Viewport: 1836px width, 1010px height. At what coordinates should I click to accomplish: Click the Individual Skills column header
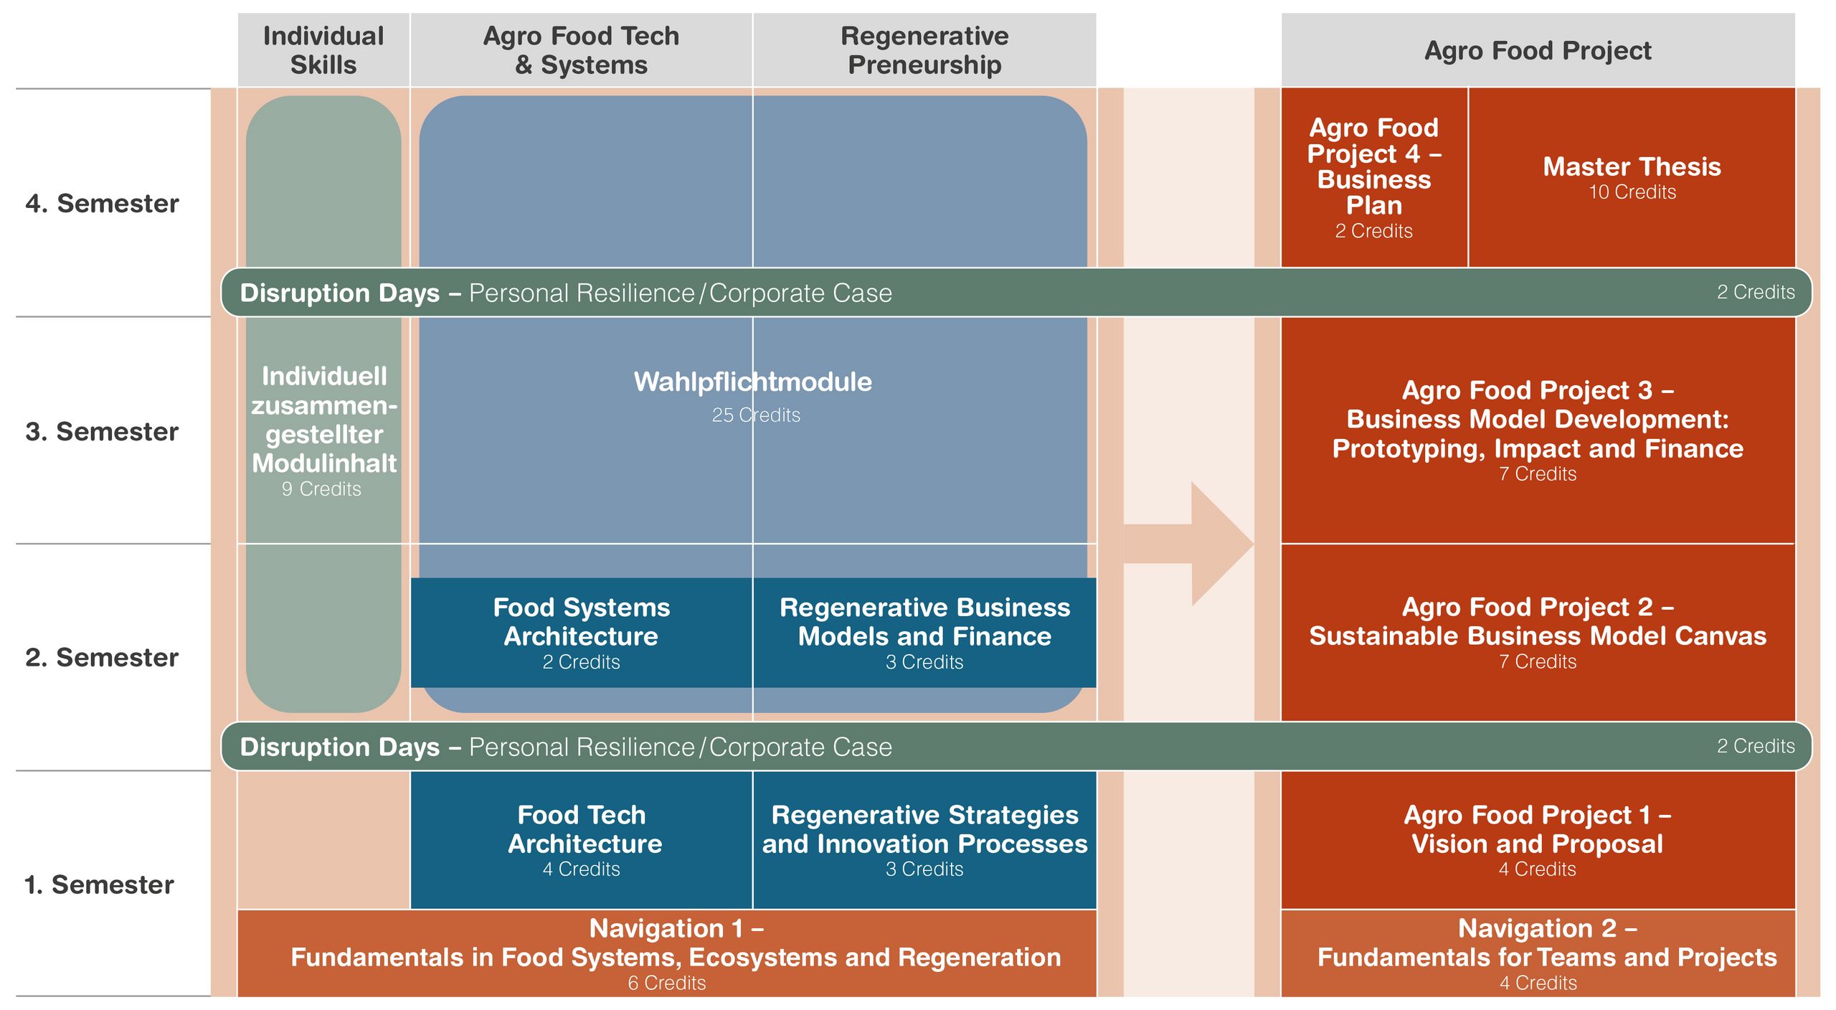click(323, 50)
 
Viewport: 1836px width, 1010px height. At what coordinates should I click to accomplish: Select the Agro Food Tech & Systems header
click(581, 50)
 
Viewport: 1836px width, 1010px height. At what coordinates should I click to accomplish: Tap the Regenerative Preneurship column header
click(924, 50)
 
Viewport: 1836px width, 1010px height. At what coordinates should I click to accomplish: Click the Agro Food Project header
click(1538, 50)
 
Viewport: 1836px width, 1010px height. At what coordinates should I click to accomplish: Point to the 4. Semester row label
click(102, 204)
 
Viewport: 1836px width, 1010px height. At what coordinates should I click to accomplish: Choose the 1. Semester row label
click(99, 884)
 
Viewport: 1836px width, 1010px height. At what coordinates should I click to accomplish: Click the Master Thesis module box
click(1632, 177)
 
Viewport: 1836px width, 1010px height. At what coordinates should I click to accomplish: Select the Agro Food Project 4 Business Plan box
click(1374, 177)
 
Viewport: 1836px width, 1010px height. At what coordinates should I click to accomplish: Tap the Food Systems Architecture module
click(581, 633)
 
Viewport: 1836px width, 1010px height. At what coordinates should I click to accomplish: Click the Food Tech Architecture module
click(581, 840)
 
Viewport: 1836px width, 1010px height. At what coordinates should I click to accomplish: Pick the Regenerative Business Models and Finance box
click(924, 633)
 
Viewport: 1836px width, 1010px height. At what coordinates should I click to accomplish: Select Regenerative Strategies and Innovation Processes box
click(924, 840)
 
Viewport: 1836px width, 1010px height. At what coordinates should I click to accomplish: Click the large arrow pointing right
click(1188, 544)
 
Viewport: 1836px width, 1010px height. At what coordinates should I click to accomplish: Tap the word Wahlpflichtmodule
click(752, 382)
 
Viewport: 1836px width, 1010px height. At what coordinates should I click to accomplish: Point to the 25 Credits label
click(756, 415)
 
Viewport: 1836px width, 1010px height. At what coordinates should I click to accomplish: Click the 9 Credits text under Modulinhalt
click(321, 489)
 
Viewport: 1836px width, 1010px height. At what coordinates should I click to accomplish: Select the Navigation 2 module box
click(1538, 953)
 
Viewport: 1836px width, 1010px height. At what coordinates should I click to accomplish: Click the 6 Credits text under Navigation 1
click(667, 983)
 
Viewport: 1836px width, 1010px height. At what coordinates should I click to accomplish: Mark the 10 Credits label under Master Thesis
click(1632, 192)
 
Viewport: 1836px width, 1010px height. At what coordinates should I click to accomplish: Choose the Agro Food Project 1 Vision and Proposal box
click(1538, 840)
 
